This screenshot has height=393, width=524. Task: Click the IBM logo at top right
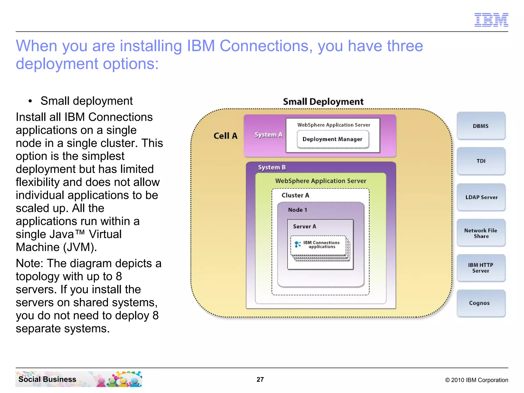click(x=491, y=20)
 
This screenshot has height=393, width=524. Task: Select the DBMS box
click(x=481, y=126)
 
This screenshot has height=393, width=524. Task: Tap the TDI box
click(x=481, y=161)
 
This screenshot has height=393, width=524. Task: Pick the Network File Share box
click(x=481, y=233)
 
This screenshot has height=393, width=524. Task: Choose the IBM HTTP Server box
click(x=481, y=268)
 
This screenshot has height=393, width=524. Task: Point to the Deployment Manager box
click(x=332, y=139)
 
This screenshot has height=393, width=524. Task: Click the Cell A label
click(x=225, y=136)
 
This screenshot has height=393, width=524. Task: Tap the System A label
click(x=268, y=135)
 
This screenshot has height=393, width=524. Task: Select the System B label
click(x=272, y=167)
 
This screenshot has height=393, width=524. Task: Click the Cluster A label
click(x=295, y=195)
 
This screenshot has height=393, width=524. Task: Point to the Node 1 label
click(x=297, y=210)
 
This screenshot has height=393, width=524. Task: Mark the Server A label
click(x=304, y=226)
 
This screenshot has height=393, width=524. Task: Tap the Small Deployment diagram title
click(x=323, y=102)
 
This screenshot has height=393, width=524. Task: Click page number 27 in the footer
click(x=260, y=379)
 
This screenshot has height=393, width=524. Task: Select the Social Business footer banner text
click(x=47, y=379)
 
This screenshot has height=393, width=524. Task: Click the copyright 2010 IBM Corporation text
click(x=476, y=380)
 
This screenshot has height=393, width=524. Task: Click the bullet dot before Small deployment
click(x=30, y=101)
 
